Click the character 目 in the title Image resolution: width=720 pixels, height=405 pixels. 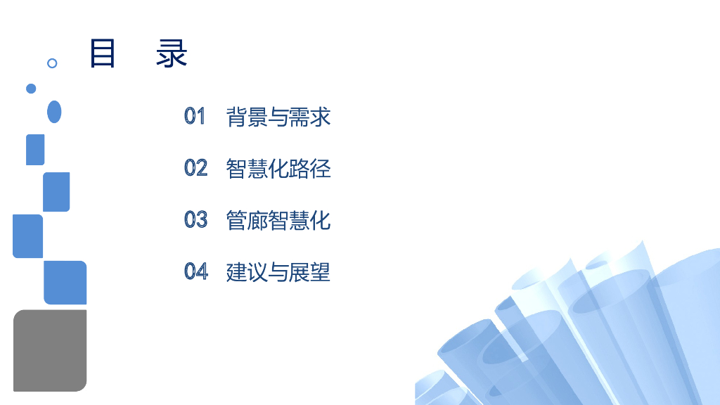pyautogui.click(x=102, y=53)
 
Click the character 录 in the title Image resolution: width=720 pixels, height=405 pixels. pyautogui.click(x=172, y=53)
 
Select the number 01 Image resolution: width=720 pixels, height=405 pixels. pyautogui.click(x=195, y=116)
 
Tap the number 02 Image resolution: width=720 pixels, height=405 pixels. pyautogui.click(x=195, y=167)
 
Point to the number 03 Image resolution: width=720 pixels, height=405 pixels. pyautogui.click(x=195, y=219)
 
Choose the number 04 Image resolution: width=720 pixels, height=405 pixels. pyautogui.click(x=196, y=271)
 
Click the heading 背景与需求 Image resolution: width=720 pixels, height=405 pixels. pyautogui.click(x=278, y=117)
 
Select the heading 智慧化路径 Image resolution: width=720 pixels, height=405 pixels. pyautogui.click(x=278, y=169)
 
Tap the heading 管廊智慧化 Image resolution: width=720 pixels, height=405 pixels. pyautogui.click(x=278, y=220)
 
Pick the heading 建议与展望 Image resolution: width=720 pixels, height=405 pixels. pyautogui.click(x=278, y=272)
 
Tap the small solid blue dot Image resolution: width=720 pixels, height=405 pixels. pyautogui.click(x=31, y=89)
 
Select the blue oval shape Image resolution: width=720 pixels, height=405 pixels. pyautogui.click(x=54, y=112)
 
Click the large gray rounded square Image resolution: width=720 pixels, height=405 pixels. pyautogui.click(x=50, y=351)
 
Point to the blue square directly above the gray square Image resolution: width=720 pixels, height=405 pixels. pyautogui.click(x=65, y=283)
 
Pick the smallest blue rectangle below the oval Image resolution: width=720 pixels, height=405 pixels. pyautogui.click(x=35, y=150)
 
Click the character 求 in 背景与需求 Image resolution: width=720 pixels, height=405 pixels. pyautogui.click(x=320, y=117)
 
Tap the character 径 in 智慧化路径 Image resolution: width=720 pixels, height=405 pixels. pyautogui.click(x=320, y=169)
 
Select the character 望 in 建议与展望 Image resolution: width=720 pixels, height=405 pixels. pyautogui.click(x=320, y=272)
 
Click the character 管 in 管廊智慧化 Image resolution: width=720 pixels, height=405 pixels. pyautogui.click(x=236, y=220)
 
